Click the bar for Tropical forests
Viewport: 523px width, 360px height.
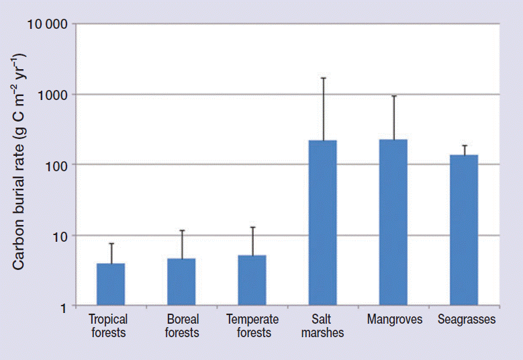[x=111, y=285]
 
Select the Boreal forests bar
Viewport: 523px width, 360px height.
[x=181, y=282]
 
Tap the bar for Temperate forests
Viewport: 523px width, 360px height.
[x=252, y=281]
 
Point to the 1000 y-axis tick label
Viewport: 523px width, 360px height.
[x=53, y=95]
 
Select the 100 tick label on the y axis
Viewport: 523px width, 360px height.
[x=56, y=165]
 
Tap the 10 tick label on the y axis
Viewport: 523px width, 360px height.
[x=60, y=236]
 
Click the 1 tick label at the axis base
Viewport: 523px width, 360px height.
[x=63, y=306]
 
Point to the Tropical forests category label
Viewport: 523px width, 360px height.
[x=108, y=326]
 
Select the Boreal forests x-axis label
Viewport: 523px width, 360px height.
[x=181, y=326]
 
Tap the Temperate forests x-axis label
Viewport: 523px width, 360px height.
[x=252, y=326]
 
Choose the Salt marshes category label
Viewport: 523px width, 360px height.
[x=323, y=326]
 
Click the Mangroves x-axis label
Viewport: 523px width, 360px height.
[x=395, y=320]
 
